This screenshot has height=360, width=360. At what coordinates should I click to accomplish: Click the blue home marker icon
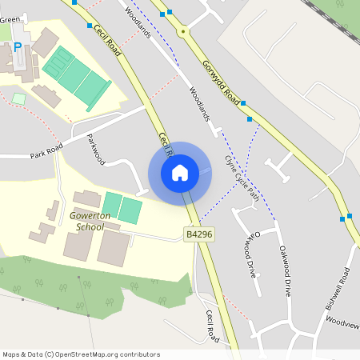(180, 173)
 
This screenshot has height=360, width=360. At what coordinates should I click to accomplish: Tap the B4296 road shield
(199, 234)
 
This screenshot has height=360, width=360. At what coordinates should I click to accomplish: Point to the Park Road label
(46, 153)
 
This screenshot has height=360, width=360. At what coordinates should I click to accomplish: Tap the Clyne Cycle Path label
(241, 177)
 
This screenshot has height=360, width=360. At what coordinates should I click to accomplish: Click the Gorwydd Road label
(222, 82)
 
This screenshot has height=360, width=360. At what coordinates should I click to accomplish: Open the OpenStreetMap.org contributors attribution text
(104, 354)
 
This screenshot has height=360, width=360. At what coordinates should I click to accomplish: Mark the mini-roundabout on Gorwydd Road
(183, 31)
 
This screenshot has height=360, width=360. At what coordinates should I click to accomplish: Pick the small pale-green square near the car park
(18, 98)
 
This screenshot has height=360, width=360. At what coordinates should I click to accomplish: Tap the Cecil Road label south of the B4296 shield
(212, 326)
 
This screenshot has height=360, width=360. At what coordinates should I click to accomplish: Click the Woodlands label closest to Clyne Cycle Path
(199, 105)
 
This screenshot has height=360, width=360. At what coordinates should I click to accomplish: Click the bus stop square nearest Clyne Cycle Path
(250, 119)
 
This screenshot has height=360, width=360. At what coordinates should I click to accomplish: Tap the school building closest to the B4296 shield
(113, 249)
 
